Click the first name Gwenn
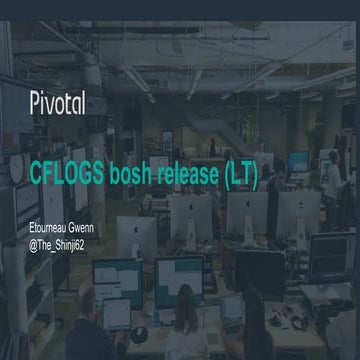(90, 231)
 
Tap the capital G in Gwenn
(77, 231)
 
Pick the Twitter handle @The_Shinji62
(58, 244)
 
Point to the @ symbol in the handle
(32, 244)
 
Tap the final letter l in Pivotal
(82, 100)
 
